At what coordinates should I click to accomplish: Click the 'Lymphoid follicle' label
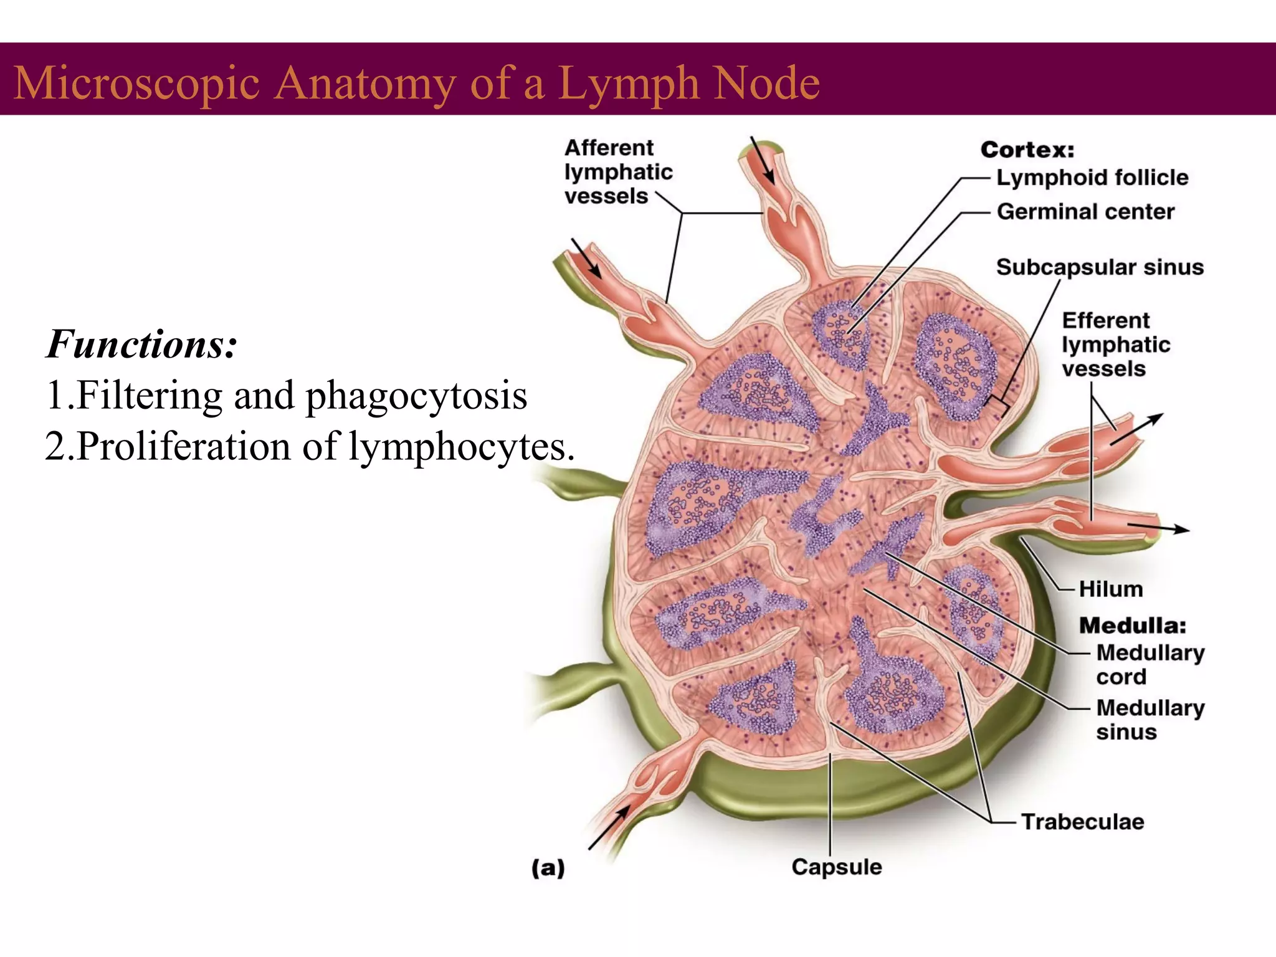[1092, 178]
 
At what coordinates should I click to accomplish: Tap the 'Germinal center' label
[1085, 212]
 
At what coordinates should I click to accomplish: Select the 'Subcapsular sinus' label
[1100, 267]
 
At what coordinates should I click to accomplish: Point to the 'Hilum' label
[1111, 589]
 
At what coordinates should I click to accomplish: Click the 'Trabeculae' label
[1082, 822]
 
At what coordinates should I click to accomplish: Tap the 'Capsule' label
[837, 867]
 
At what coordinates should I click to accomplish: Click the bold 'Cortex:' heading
[1027, 150]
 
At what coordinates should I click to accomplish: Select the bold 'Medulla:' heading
[1133, 625]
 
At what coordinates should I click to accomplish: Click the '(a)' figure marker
[548, 867]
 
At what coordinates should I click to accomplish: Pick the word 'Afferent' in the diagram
[609, 148]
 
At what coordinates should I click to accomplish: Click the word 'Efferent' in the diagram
[1106, 320]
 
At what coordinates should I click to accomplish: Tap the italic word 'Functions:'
[141, 344]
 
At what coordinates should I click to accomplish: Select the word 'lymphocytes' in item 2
[461, 446]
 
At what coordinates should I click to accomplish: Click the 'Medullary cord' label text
[1150, 664]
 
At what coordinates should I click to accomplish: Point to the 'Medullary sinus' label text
[1150, 719]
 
